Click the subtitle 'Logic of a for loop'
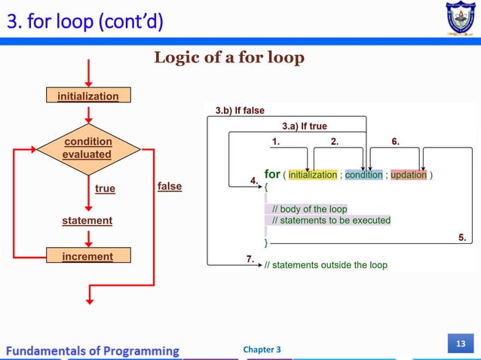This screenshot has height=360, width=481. pos(228,58)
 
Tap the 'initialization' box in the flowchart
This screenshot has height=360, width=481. pos(89,96)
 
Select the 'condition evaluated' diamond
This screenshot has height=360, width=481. pos(88,148)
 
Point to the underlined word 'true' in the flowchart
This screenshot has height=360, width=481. pos(105,189)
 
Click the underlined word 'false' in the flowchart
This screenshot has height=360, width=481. pos(170,186)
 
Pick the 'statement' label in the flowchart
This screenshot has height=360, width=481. pos(87,221)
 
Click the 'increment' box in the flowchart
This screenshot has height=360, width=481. pos(87,257)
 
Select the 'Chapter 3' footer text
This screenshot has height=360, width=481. pos(262,350)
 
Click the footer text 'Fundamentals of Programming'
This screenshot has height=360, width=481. pos(94,350)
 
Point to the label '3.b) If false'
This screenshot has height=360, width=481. pos(240,110)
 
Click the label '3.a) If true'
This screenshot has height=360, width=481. pos(304,126)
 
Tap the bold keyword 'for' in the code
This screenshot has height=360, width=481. pos(272,175)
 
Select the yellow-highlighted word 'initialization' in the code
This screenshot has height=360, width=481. pos(313,175)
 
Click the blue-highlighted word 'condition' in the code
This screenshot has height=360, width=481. pos(364,175)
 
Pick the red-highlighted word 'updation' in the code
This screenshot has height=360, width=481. pos(408,175)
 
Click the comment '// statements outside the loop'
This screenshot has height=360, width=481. pos(325,265)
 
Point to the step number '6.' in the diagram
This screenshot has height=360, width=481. pos(396,141)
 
